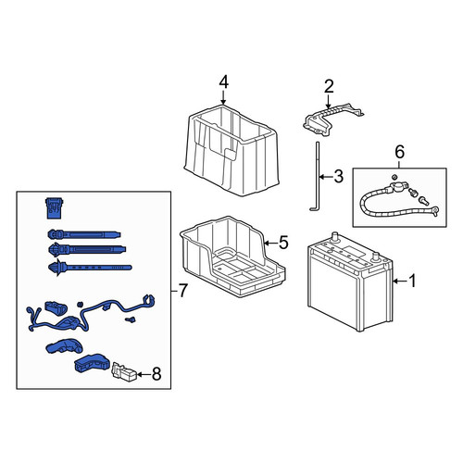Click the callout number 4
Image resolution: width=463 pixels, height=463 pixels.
pyautogui.click(x=224, y=82)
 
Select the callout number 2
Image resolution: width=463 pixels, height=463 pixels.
pyautogui.click(x=329, y=86)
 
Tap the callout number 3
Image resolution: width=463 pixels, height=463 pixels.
pyautogui.click(x=339, y=177)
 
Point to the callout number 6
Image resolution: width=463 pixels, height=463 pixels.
pyautogui.click(x=399, y=152)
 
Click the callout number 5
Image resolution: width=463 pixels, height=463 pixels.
pyautogui.click(x=283, y=243)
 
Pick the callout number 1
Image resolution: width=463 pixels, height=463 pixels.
pyautogui.click(x=412, y=281)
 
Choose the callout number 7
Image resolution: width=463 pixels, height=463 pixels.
pyautogui.click(x=182, y=291)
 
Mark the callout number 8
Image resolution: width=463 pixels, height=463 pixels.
pyautogui.click(x=156, y=374)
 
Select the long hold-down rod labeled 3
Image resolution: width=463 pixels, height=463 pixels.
pyautogui.click(x=317, y=176)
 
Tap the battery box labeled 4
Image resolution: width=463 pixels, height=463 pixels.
pyautogui.click(x=231, y=150)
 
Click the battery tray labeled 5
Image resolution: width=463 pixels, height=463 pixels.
pyautogui.click(x=232, y=257)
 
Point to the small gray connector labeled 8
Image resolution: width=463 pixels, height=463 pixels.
pyautogui.click(x=124, y=372)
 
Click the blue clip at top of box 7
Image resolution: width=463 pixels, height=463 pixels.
pyautogui.click(x=55, y=208)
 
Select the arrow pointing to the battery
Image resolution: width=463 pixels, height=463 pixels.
pyautogui.click(x=400, y=282)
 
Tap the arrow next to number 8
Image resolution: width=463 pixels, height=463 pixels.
pyautogui.click(x=144, y=374)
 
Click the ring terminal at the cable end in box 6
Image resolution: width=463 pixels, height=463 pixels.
pyautogui.click(x=435, y=211)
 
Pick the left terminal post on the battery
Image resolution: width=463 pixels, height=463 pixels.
pyautogui.click(x=334, y=238)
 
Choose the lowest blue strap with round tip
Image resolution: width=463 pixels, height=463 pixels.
pyautogui.click(x=90, y=268)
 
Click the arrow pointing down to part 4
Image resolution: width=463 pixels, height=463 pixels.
pyautogui.click(x=223, y=97)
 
